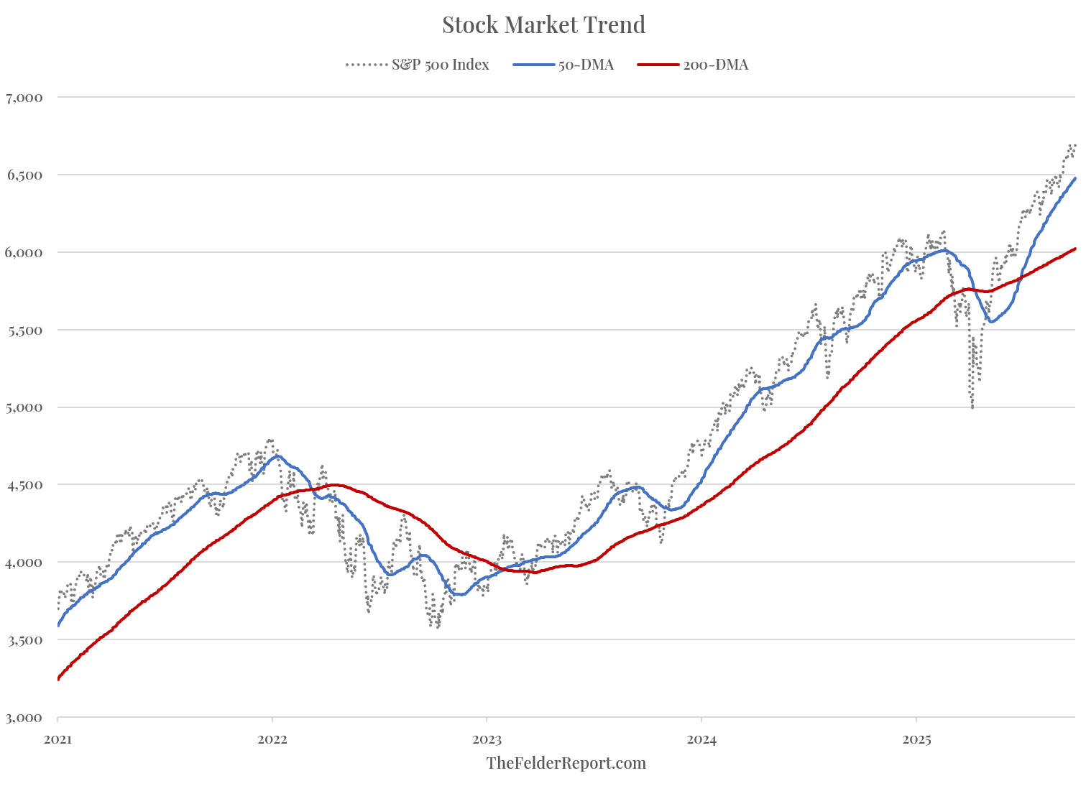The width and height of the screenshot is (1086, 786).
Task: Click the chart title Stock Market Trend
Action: (x=543, y=24)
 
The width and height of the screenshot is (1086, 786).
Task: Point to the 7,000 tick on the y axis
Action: (x=24, y=97)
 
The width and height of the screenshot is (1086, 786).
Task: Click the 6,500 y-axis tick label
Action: (x=24, y=175)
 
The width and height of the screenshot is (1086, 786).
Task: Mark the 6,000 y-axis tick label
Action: (x=24, y=252)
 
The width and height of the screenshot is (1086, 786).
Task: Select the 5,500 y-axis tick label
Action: (x=24, y=330)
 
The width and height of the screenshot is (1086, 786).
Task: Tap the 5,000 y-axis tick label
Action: (x=24, y=407)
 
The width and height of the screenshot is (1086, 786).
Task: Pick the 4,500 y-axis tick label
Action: (x=24, y=485)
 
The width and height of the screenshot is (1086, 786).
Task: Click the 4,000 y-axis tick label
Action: (x=24, y=562)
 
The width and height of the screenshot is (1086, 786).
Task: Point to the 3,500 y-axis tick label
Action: (x=24, y=639)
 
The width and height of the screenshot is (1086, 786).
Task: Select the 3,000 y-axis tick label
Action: (x=24, y=717)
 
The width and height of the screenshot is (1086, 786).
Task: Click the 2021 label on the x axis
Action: (x=57, y=738)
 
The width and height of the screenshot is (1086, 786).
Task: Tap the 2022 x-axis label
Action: (x=272, y=738)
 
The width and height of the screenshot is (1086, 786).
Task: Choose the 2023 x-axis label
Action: (x=487, y=738)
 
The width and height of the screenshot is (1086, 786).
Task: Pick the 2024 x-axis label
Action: (x=701, y=738)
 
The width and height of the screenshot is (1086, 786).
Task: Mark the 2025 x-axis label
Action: (x=916, y=738)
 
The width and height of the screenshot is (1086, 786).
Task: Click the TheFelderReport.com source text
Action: (x=566, y=763)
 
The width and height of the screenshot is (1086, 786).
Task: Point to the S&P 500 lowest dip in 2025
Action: (x=972, y=407)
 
